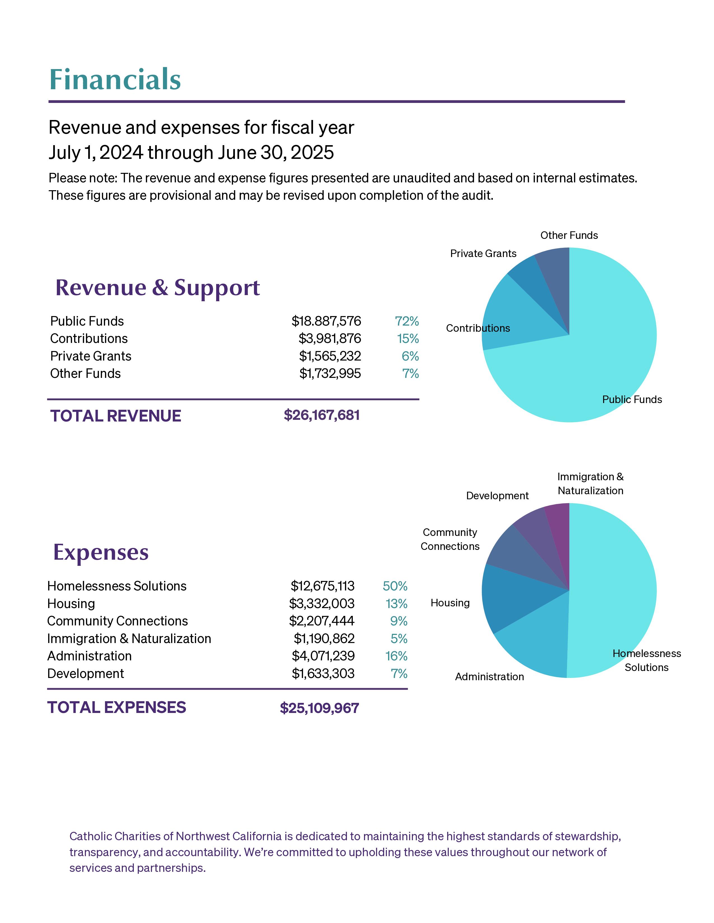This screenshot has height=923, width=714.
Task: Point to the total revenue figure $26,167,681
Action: coord(321,415)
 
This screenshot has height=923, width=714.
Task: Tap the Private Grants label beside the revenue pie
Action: coord(483,254)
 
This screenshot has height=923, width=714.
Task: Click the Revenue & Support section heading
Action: coord(157,288)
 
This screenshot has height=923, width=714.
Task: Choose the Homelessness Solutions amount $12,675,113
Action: coord(322,586)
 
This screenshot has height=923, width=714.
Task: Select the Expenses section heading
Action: coord(101,552)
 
